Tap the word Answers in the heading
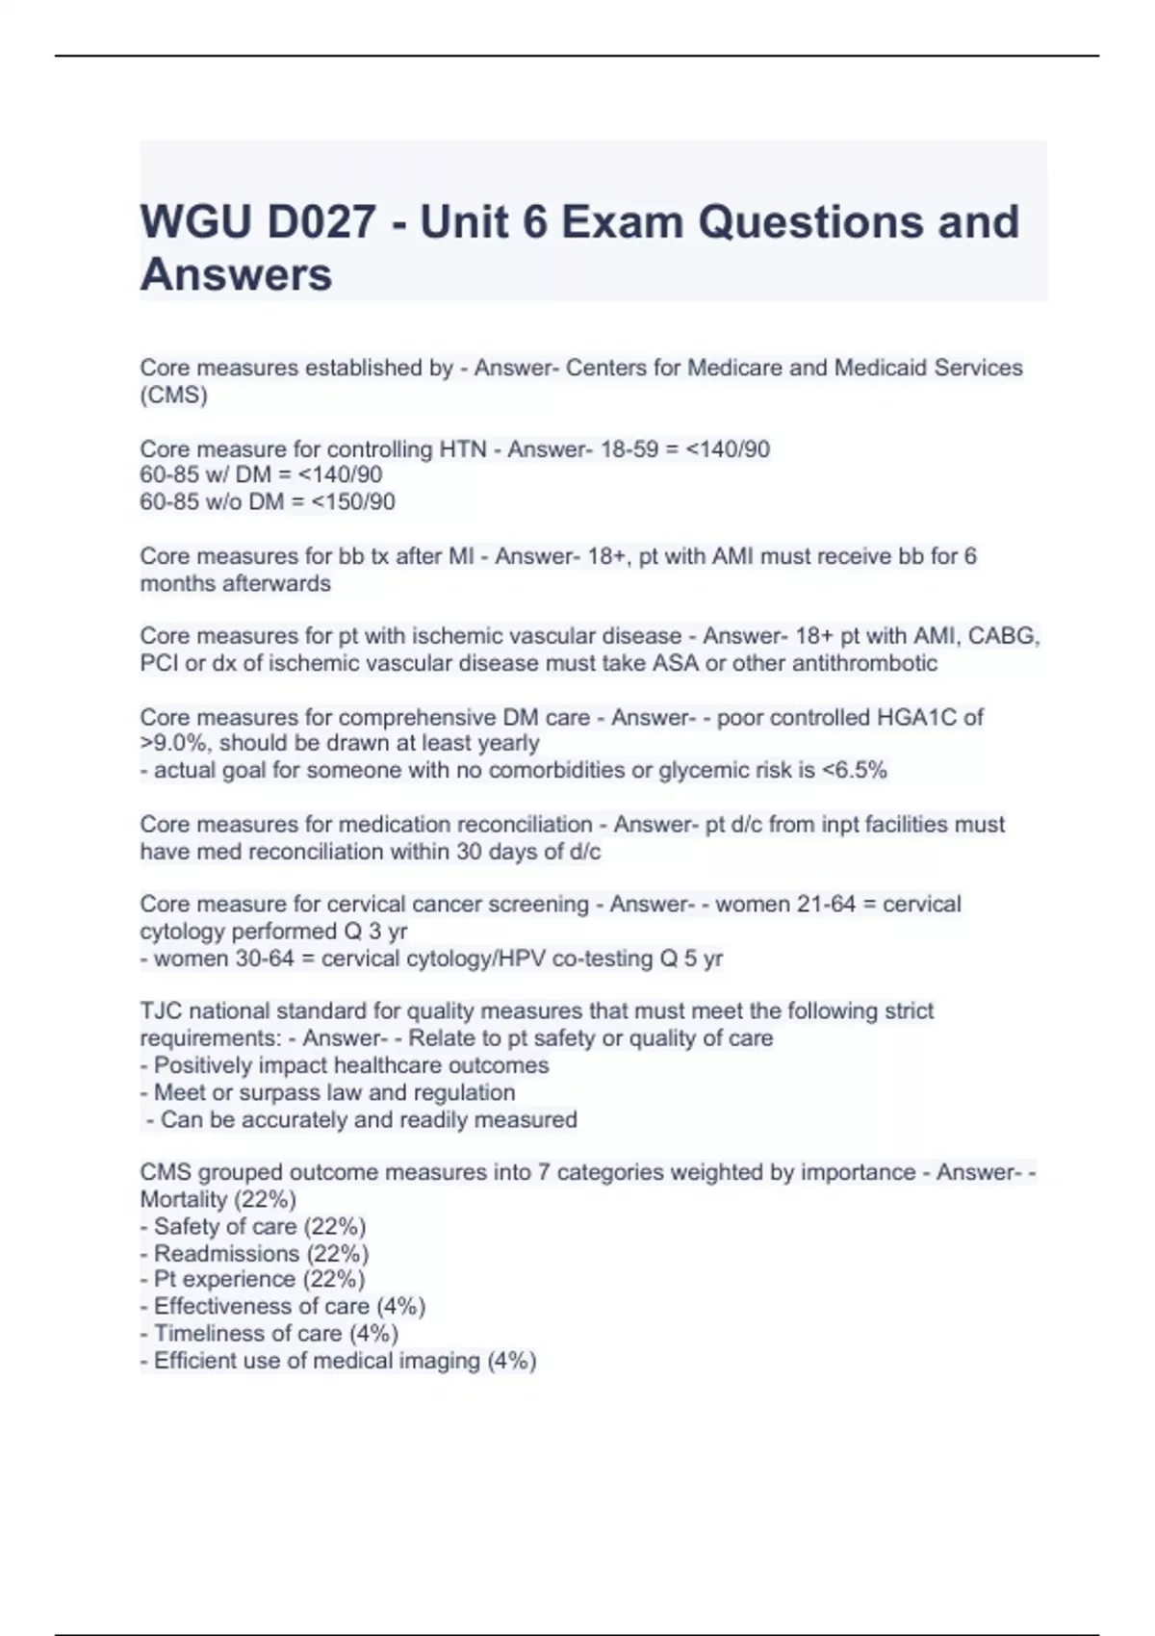pyautogui.click(x=236, y=274)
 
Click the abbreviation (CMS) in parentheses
pyautogui.click(x=173, y=396)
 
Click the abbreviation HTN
pyautogui.click(x=463, y=449)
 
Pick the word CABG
pyautogui.click(x=1004, y=636)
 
